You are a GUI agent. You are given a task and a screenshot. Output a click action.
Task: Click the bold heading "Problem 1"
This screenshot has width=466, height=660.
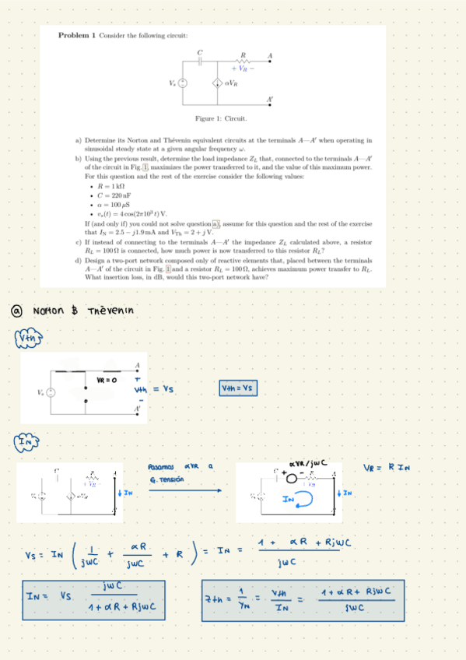click(77, 36)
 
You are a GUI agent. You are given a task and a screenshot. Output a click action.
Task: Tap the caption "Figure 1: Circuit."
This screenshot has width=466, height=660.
click(221, 118)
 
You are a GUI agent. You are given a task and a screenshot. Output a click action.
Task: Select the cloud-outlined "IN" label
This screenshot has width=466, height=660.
click(25, 444)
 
